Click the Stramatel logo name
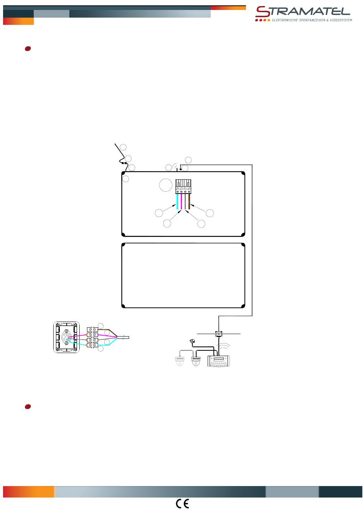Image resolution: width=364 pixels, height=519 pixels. point(302,11)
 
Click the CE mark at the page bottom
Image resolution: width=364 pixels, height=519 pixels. point(182,504)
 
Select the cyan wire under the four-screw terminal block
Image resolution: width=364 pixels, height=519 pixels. point(177,201)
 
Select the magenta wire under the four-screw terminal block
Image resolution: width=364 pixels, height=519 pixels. point(181,201)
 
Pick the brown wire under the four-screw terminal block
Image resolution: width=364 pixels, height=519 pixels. point(189,201)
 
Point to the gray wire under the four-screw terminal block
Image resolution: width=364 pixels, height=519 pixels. point(185,201)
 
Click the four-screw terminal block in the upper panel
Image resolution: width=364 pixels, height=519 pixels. point(183,186)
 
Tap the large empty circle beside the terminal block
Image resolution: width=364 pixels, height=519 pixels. point(166,185)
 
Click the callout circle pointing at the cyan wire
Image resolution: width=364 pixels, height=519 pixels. point(159,213)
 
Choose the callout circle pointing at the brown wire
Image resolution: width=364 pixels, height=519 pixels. point(210,213)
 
